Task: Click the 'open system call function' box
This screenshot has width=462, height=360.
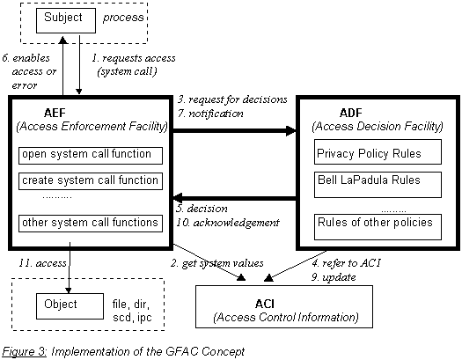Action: click(92, 155)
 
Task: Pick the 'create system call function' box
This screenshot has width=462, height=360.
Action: click(92, 181)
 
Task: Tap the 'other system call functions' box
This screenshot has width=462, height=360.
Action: click(92, 223)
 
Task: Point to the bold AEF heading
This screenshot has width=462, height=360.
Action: click(56, 113)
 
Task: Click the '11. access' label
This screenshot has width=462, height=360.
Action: click(38, 262)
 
